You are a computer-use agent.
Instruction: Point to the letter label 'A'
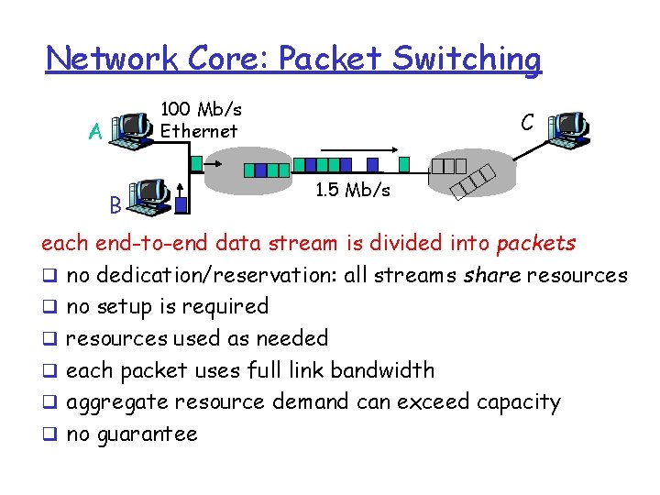[x=93, y=133]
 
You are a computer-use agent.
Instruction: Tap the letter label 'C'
[x=527, y=122]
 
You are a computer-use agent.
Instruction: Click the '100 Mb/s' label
[x=201, y=110]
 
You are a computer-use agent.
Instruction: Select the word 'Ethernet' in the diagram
[x=199, y=131]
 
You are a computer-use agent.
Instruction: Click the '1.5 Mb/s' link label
[x=352, y=191]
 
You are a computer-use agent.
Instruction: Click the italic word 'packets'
[x=535, y=243]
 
